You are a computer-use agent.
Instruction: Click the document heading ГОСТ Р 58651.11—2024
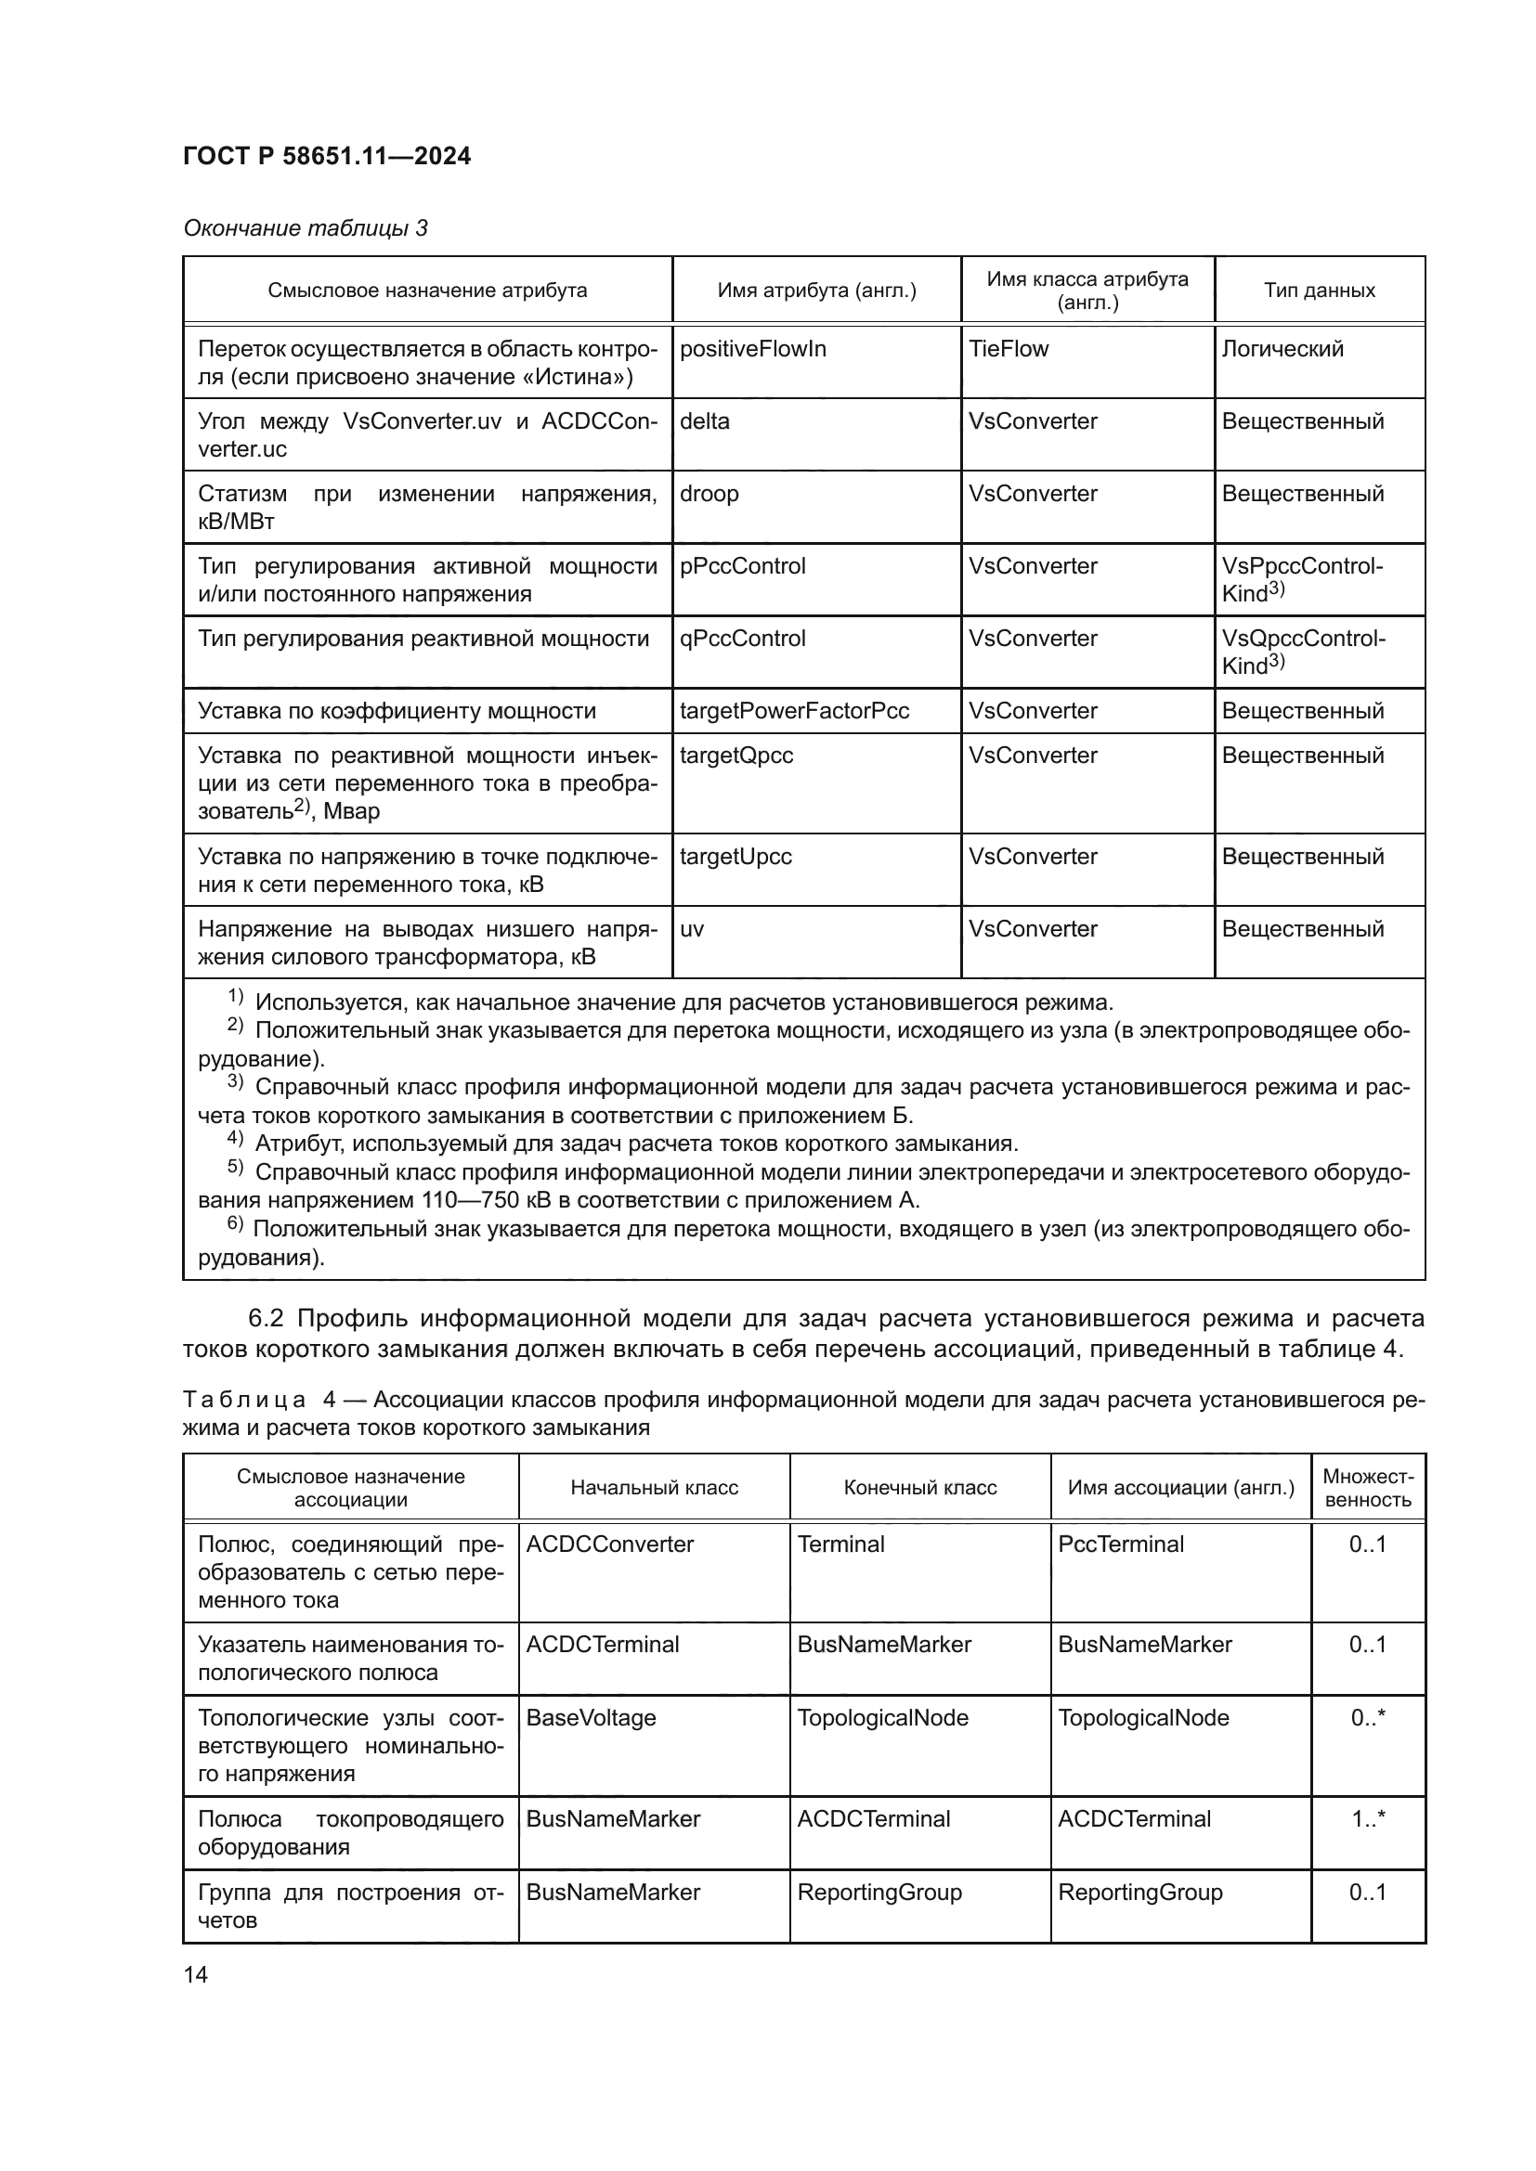pos(326,157)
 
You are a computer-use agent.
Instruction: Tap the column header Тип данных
pos(1319,291)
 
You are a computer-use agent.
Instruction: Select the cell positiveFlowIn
pos(753,349)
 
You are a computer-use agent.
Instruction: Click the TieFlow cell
pos(1009,349)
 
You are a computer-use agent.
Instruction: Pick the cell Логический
pos(1282,349)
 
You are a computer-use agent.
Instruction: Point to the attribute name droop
pos(709,494)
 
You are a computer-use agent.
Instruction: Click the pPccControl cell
pos(743,566)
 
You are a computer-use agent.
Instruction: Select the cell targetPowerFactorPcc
pos(795,711)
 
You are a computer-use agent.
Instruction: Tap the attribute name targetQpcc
pos(735,756)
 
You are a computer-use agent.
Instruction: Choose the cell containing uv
pos(693,928)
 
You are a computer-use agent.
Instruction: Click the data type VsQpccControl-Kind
pos(1302,652)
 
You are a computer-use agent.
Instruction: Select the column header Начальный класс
pos(654,1487)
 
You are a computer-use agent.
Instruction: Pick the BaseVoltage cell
pos(592,1717)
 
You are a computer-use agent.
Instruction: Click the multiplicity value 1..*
pos(1368,1818)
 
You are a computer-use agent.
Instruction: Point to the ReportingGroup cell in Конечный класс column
pos(879,1892)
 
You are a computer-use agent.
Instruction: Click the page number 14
pos(196,1974)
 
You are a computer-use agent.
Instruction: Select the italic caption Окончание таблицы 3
pos(306,229)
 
